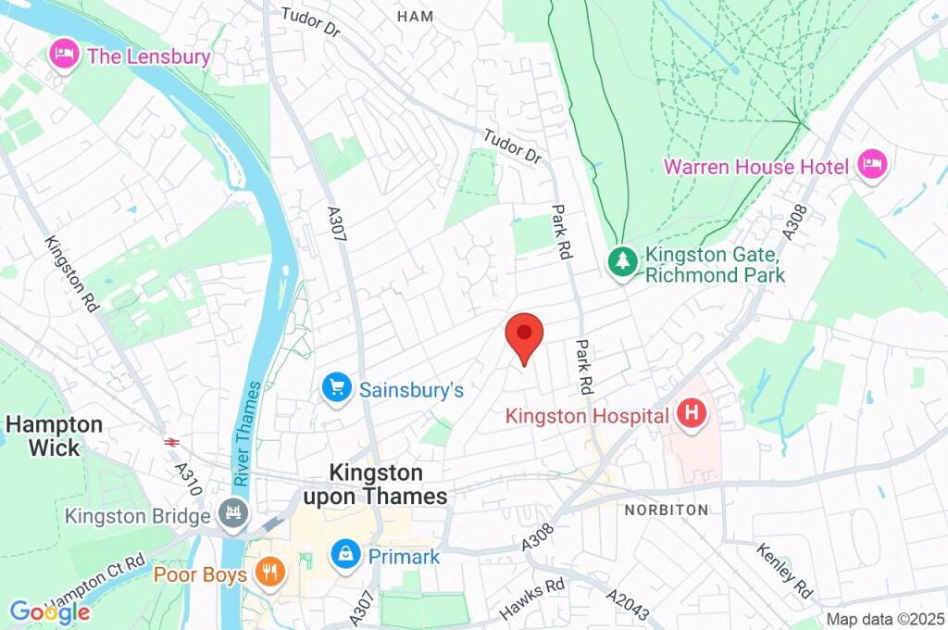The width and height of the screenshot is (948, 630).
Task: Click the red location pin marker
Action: pyautogui.click(x=524, y=335)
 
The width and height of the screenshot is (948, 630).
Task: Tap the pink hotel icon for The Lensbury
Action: pyautogui.click(x=64, y=54)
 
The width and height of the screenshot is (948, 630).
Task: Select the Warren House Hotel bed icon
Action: pyautogui.click(x=872, y=166)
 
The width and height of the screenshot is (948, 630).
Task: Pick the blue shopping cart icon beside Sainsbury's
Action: pyautogui.click(x=336, y=388)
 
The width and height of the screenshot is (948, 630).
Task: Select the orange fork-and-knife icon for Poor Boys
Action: pyautogui.click(x=269, y=573)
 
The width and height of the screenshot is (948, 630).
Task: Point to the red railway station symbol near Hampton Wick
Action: pyautogui.click(x=170, y=442)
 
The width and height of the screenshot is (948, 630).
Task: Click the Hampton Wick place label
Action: pyautogui.click(x=54, y=435)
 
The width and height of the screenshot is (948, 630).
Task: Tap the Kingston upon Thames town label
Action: pyautogui.click(x=375, y=485)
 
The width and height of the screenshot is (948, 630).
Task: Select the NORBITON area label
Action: pyautogui.click(x=666, y=510)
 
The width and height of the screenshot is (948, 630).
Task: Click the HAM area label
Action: pyautogui.click(x=414, y=17)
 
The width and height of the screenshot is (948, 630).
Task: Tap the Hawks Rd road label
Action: pyautogui.click(x=532, y=598)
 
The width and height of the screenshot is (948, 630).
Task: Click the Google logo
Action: pyautogui.click(x=49, y=612)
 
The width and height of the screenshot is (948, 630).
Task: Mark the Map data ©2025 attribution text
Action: pyautogui.click(x=884, y=619)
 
